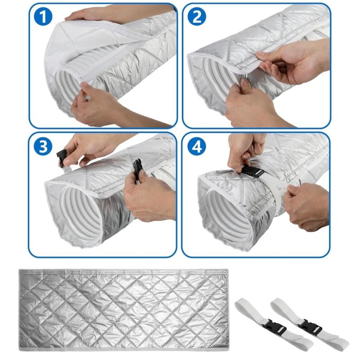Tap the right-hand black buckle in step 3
point(136,174)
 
